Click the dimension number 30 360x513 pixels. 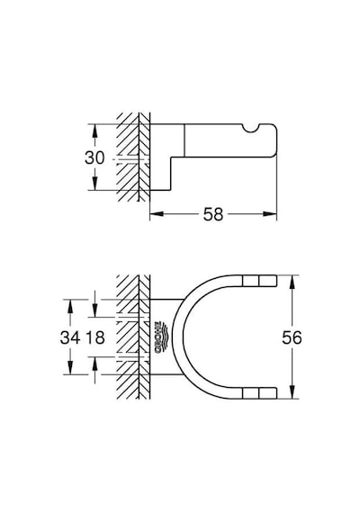(94, 157)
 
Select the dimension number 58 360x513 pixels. (213, 214)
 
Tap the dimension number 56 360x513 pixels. (292, 337)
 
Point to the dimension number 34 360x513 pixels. (69, 337)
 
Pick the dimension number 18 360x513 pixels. (95, 337)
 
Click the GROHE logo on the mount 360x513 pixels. (160, 337)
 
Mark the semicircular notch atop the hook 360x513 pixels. (251, 129)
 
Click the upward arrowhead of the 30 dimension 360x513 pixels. (94, 130)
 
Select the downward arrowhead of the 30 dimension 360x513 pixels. (94, 184)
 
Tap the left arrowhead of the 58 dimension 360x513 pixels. (157, 214)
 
